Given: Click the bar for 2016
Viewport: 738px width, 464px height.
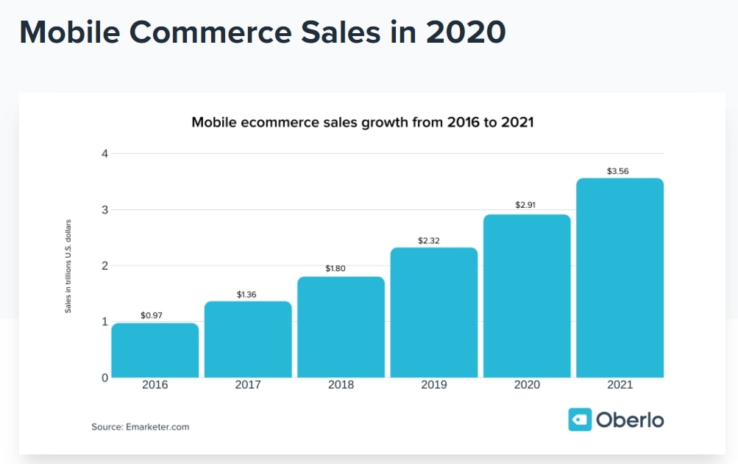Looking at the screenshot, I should tap(155, 350).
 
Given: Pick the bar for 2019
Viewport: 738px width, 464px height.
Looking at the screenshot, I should tap(434, 312).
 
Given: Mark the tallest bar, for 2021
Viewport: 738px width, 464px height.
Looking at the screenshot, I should tap(620, 278).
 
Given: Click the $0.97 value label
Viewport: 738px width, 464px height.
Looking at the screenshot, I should tap(152, 315).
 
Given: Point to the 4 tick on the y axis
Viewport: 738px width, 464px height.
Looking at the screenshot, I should tap(104, 154).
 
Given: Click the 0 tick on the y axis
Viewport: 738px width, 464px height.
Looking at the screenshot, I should tap(104, 377).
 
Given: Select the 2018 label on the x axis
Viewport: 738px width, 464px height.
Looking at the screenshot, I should tap(341, 385).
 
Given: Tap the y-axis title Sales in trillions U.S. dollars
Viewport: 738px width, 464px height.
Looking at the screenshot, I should tap(68, 265).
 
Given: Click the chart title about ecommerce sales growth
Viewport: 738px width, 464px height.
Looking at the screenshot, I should tap(362, 122).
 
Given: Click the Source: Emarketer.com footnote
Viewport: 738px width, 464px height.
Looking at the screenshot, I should tap(140, 426).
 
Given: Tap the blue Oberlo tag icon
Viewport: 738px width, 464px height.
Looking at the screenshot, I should tap(580, 420).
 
